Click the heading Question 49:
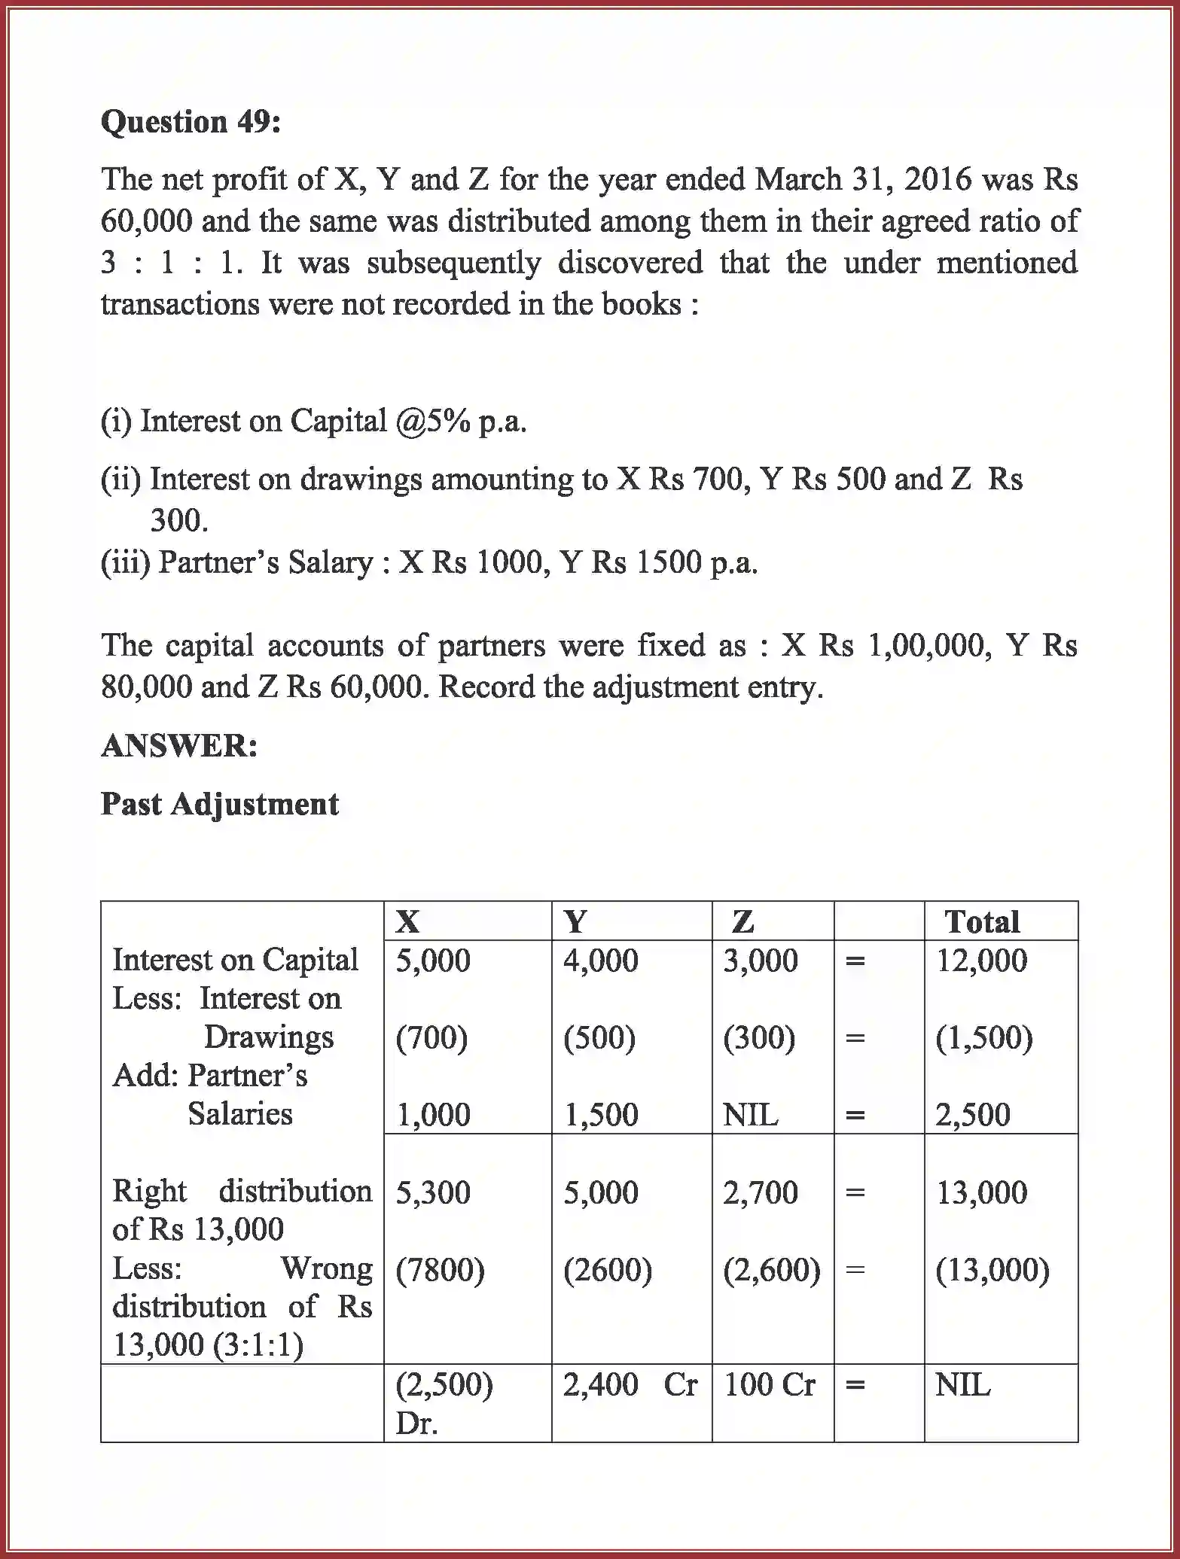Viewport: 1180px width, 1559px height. coord(191,122)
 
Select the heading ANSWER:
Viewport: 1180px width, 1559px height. coord(179,746)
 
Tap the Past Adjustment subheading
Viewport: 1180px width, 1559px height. coord(220,804)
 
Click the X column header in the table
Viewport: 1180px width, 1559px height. coord(407,921)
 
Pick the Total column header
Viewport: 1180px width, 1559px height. coord(982,921)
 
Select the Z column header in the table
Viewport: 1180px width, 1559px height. coord(742,921)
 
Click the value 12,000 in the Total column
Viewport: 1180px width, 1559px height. coord(981,961)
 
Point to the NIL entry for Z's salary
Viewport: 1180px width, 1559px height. coord(750,1115)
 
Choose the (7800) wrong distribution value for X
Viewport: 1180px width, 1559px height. coord(440,1270)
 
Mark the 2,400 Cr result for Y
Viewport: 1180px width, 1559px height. coord(630,1384)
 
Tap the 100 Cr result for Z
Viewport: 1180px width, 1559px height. coord(769,1384)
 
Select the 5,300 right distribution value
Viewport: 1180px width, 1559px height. coord(433,1192)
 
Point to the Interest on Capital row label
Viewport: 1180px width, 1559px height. coord(235,960)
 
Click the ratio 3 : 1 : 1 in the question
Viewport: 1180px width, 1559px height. coord(172,263)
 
